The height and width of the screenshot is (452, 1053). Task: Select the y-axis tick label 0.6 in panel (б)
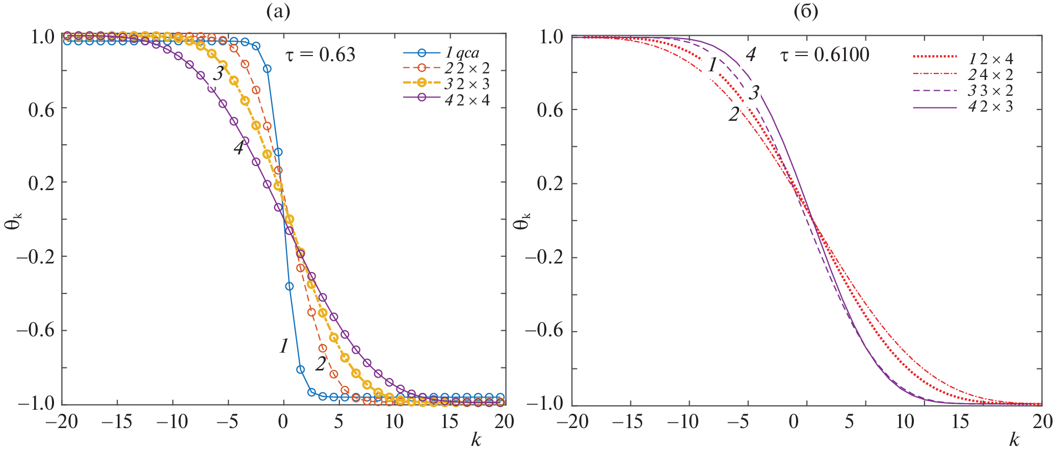click(550, 110)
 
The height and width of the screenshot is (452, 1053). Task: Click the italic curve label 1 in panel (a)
click(284, 347)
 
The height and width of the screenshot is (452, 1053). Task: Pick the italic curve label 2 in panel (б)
click(733, 115)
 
